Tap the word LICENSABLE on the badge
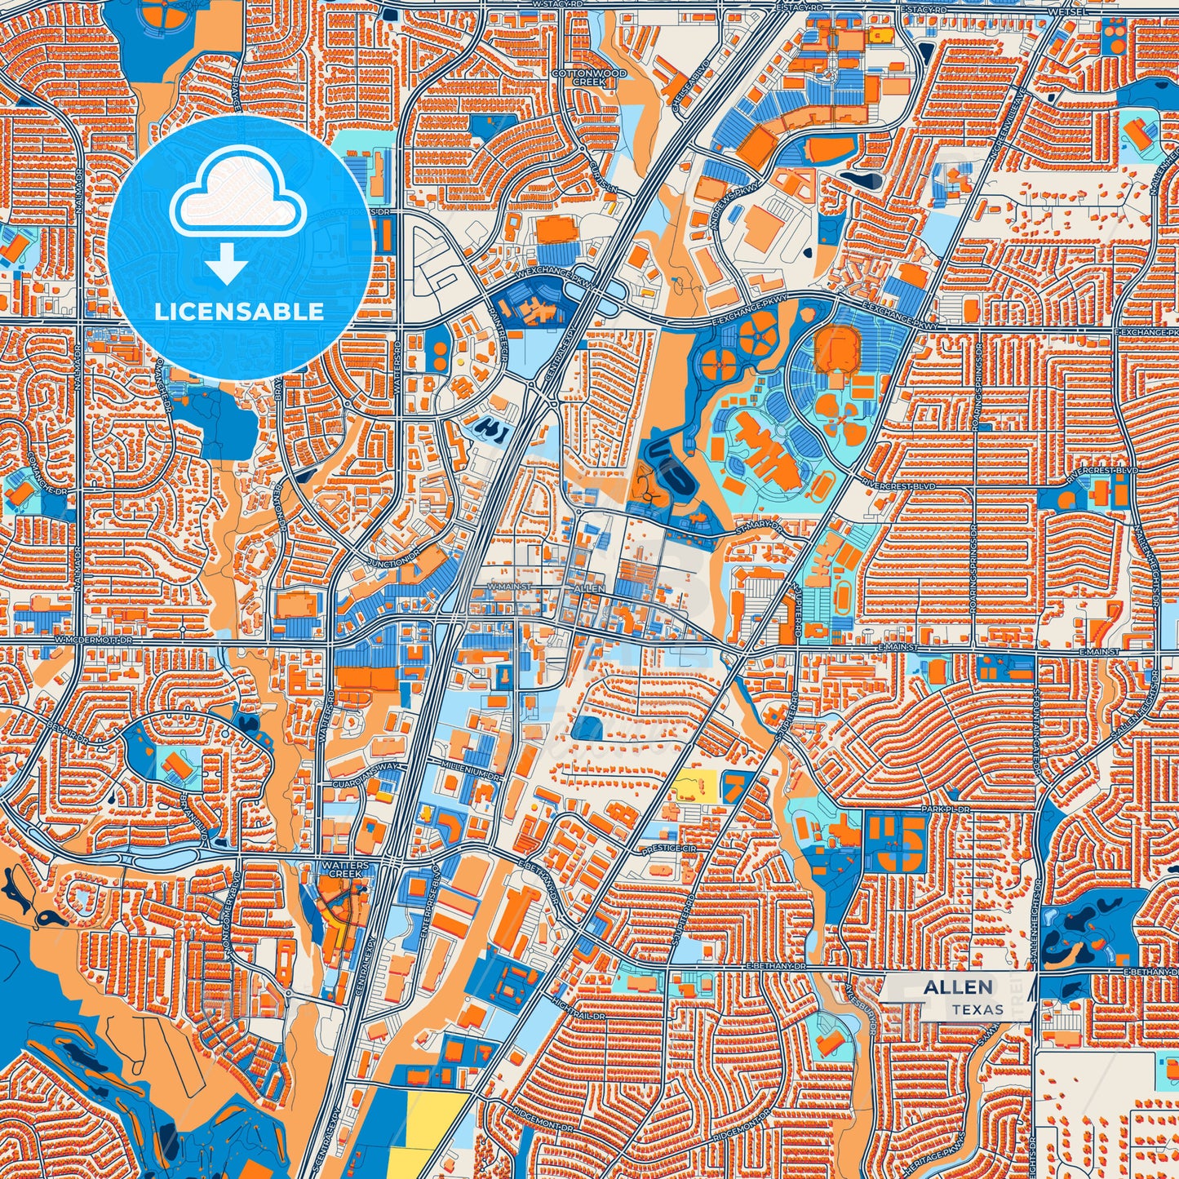[x=239, y=311]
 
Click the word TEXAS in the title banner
[x=977, y=1009]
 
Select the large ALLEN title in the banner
[x=958, y=987]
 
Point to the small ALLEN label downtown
[x=589, y=588]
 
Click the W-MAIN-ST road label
[x=509, y=587]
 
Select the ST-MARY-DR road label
[x=758, y=530]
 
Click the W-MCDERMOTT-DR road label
[x=93, y=641]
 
